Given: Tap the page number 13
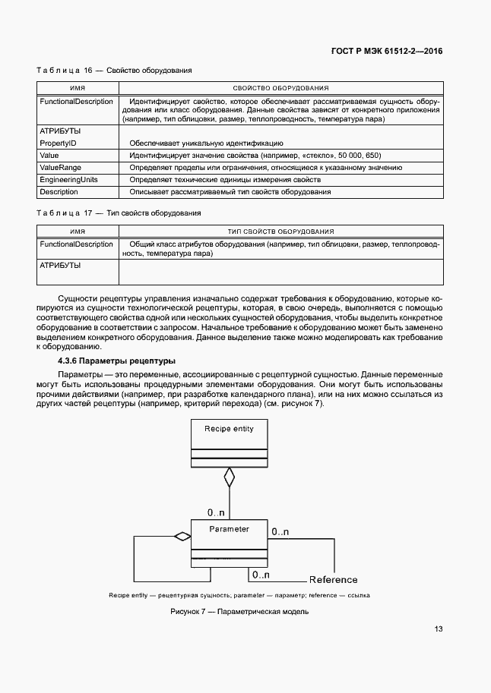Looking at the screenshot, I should tap(439, 628).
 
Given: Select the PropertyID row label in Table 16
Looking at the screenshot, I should tap(58, 143).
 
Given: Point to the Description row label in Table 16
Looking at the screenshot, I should tap(59, 192).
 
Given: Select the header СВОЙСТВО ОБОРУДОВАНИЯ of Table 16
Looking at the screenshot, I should tap(280, 88).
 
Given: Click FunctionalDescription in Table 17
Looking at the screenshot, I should tap(76, 244).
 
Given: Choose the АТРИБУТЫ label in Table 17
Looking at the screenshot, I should tap(60, 266).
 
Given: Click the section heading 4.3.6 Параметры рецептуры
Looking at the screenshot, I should tap(117, 361).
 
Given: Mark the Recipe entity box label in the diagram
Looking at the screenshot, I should tap(229, 429).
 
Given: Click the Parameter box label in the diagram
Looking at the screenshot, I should tap(229, 528).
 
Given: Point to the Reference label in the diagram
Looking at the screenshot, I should tap(333, 580).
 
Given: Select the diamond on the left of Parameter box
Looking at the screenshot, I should tap(182, 537).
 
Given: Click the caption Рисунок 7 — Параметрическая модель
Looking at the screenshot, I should tap(239, 612).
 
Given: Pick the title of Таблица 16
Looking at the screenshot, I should tap(114, 71).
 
